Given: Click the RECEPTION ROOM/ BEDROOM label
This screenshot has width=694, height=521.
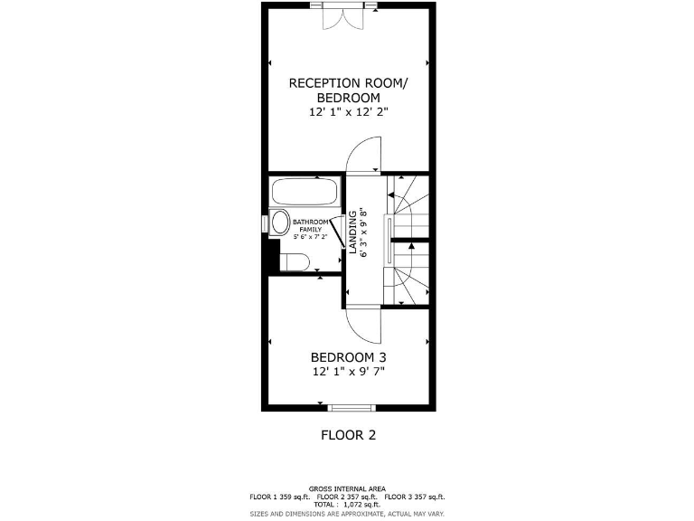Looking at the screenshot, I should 348,90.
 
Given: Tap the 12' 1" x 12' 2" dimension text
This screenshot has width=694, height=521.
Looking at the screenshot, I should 348,112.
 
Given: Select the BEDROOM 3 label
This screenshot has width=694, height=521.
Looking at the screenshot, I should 348,356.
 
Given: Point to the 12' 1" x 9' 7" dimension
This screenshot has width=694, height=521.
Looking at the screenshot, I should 348,372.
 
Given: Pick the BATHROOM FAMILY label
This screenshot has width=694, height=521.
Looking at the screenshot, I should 310,226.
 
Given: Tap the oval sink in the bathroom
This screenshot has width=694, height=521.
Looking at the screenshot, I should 280,223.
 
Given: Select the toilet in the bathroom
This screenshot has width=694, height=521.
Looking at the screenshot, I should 295,263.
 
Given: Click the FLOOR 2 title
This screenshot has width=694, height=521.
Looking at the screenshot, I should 348,435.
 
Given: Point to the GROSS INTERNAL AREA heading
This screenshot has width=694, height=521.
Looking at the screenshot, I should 348,487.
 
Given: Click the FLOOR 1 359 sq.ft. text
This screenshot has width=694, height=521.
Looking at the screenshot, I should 280,497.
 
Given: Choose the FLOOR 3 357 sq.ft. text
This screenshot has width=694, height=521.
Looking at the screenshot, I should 415,497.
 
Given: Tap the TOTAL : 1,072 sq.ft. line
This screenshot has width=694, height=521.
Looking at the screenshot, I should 348,505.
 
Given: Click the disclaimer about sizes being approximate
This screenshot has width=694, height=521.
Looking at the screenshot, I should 348,514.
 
